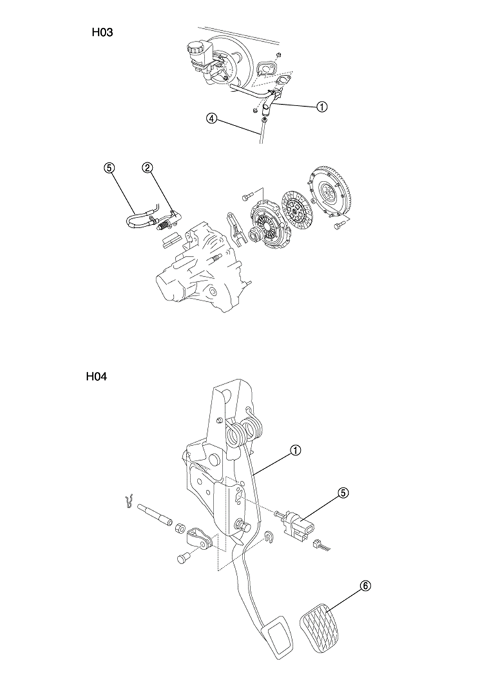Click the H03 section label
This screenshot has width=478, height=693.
pyautogui.click(x=102, y=32)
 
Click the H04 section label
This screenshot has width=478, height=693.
pyautogui.click(x=97, y=376)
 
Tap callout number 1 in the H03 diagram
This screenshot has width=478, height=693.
pyautogui.click(x=322, y=107)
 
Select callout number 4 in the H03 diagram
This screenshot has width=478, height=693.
pyautogui.click(x=212, y=118)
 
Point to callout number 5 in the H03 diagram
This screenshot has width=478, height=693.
pyautogui.click(x=109, y=167)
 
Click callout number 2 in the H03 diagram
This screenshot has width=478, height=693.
pyautogui.click(x=147, y=167)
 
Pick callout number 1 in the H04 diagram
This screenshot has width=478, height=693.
pyautogui.click(x=295, y=450)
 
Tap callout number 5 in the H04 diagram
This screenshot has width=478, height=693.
pyautogui.click(x=344, y=493)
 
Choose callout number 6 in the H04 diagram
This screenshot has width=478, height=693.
pyautogui.click(x=365, y=586)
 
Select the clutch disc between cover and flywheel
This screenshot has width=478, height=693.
pyautogui.click(x=295, y=211)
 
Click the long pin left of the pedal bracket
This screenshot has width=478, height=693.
pyautogui.click(x=154, y=515)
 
